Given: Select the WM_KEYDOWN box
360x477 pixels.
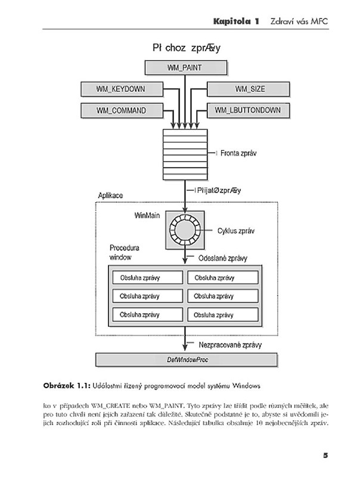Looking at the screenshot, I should coord(122,89).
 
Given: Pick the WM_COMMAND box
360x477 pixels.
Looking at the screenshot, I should coord(122,110).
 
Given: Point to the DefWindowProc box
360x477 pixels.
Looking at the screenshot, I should coord(187,360).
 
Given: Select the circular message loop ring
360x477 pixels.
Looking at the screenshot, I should coord(185,230).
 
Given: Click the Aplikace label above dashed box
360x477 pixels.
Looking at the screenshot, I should coord(110,196).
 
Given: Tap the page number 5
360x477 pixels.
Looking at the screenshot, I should coord(325,455).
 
